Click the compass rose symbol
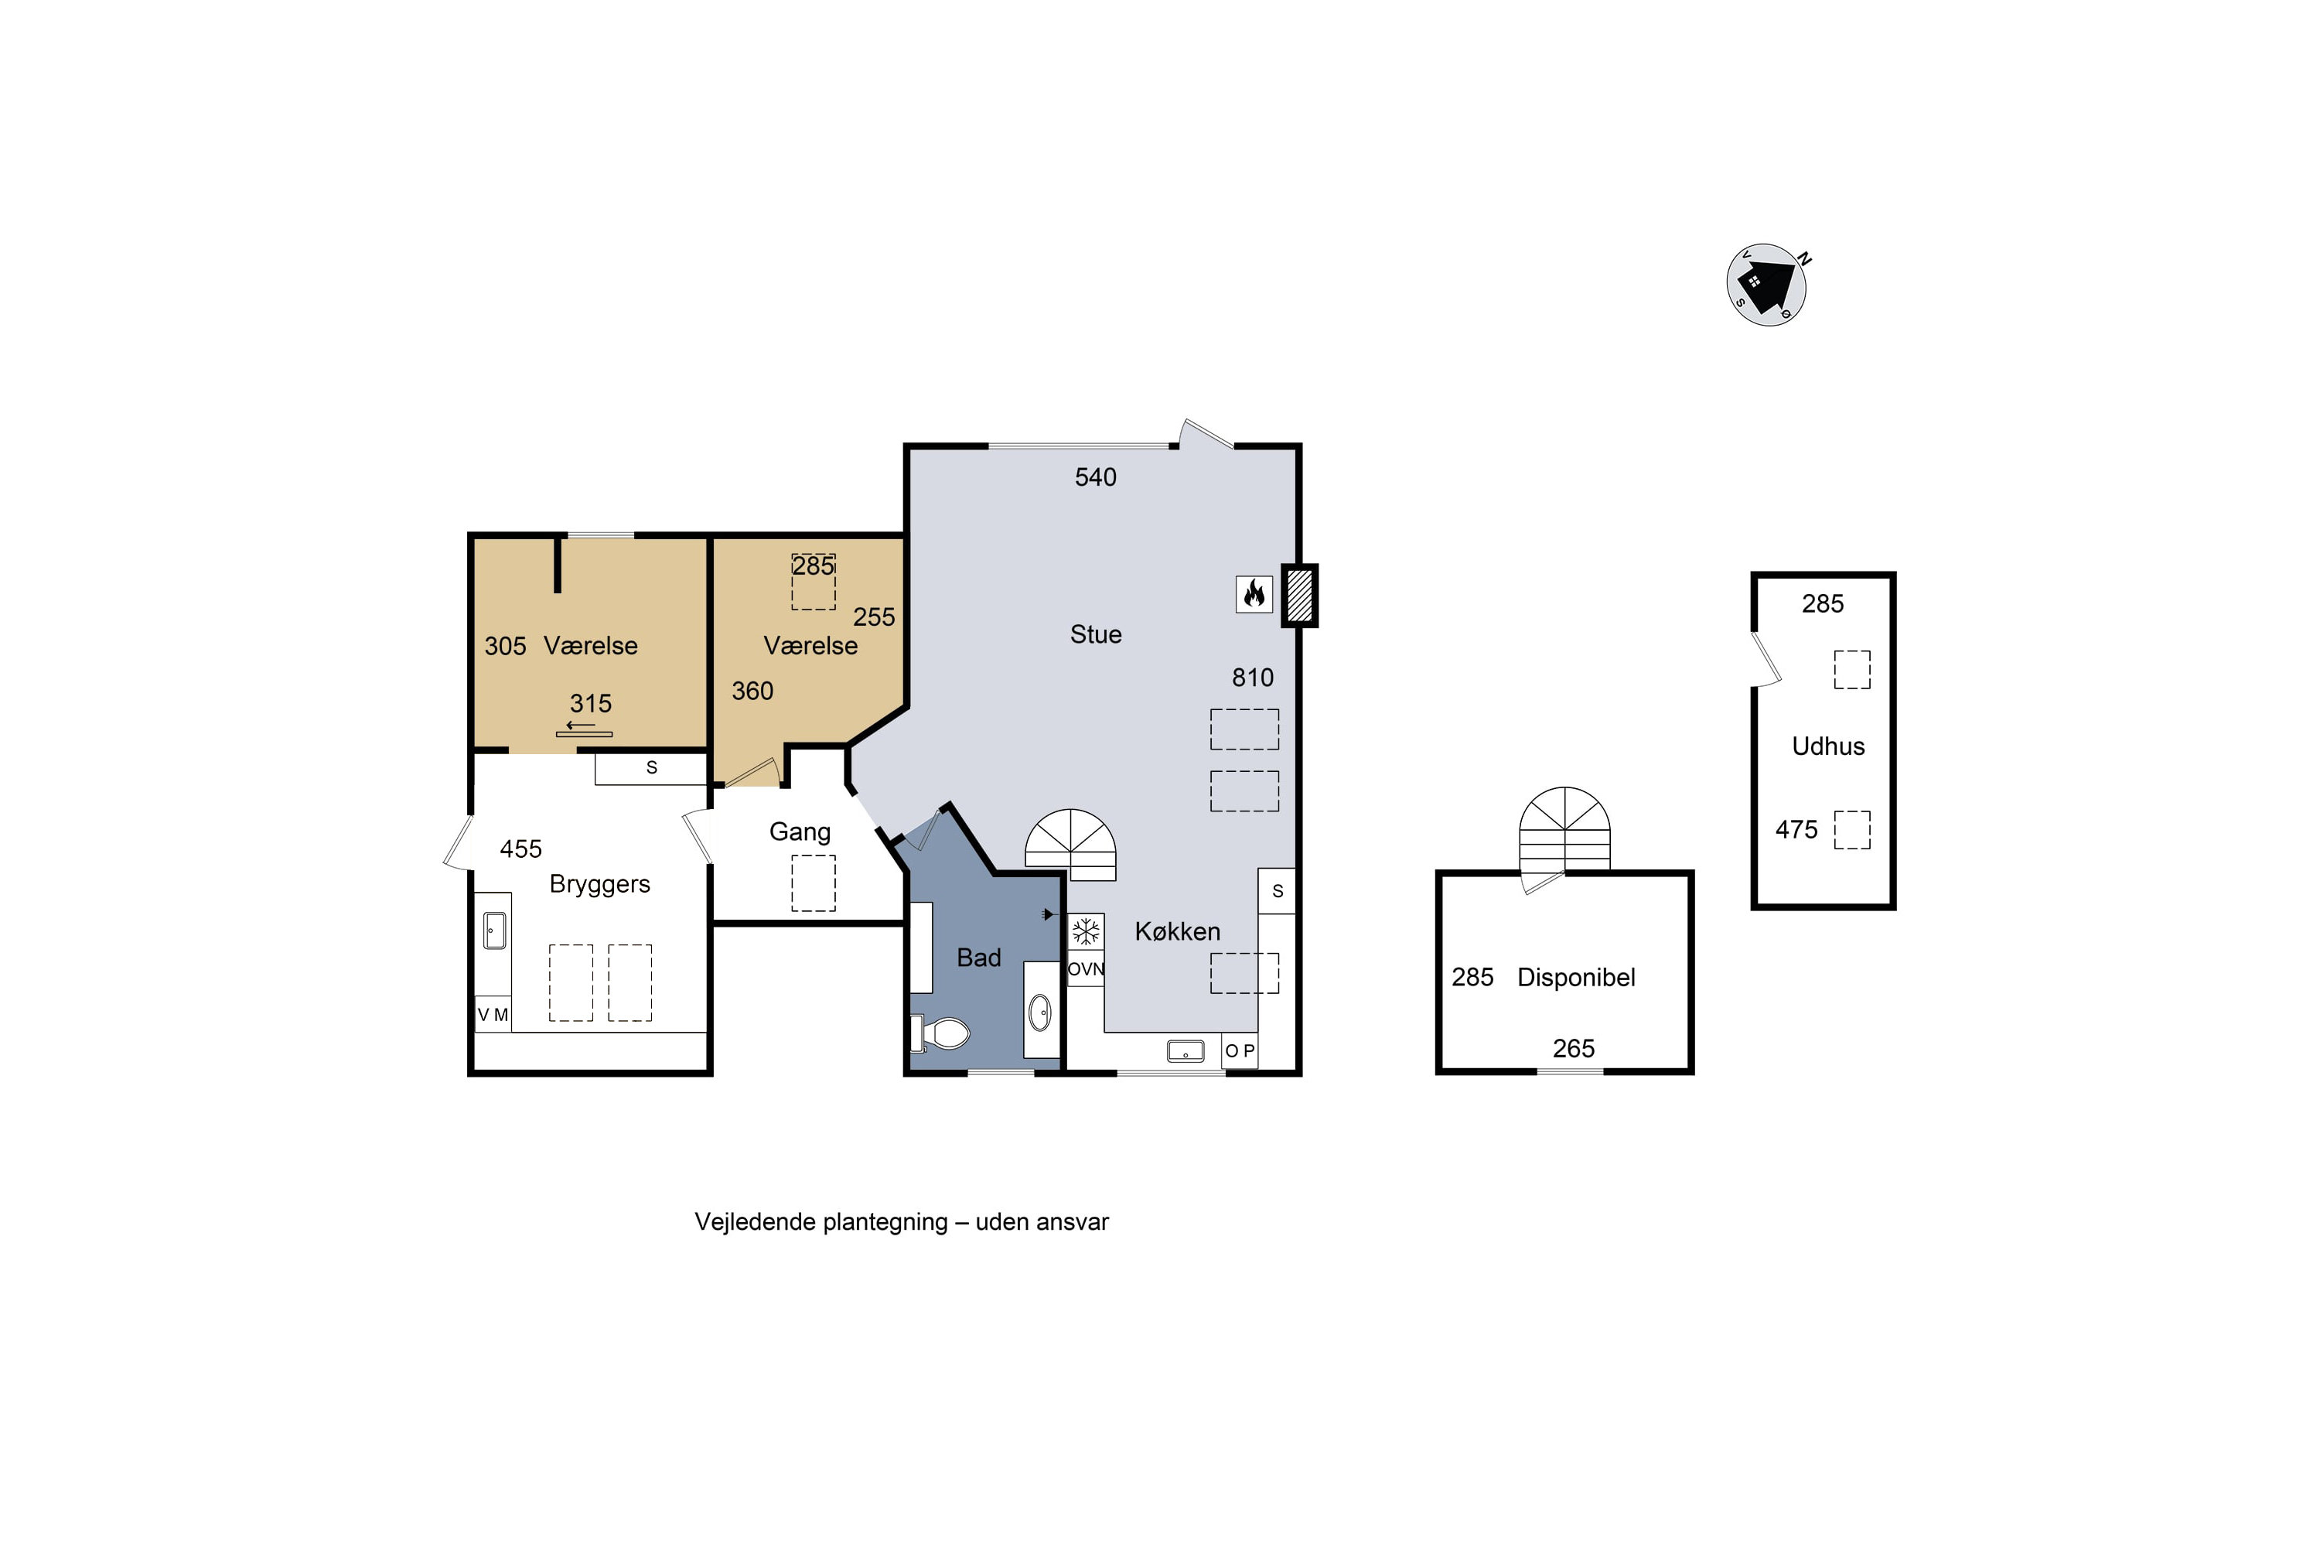point(1766,284)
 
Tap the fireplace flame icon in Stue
point(1254,594)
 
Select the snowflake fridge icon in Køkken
point(1085,931)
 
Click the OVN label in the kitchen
point(1085,969)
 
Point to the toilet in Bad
point(941,1033)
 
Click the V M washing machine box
point(493,1014)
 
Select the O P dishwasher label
point(1240,1050)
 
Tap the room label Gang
point(800,832)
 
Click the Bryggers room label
point(600,884)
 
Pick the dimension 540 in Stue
point(1095,477)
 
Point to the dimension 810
point(1253,678)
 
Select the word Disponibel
point(1576,977)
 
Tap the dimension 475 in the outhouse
point(1796,830)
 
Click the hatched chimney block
point(1299,595)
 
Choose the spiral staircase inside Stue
point(1070,845)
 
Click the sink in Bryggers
point(494,930)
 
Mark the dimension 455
point(520,849)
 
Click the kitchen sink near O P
point(1186,1050)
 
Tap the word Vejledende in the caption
point(755,1221)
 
